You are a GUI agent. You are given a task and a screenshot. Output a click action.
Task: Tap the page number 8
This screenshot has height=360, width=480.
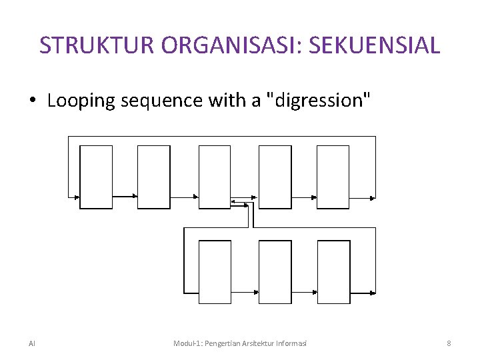coord(449,343)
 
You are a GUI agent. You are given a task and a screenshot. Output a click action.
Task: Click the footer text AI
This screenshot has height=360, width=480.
coord(32,343)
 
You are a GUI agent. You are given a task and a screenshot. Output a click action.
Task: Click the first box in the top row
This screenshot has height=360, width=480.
coord(96,177)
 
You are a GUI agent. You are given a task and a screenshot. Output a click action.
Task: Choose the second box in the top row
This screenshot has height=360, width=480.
coord(154,177)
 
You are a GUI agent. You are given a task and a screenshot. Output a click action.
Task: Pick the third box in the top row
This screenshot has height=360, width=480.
coord(215,177)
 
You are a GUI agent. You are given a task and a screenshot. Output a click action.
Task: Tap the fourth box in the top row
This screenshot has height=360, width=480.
coord(275,177)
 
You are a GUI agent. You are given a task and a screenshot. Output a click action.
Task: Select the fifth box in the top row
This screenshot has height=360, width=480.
coord(333,177)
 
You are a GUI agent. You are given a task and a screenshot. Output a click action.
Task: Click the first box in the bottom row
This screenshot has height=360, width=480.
coord(215,271)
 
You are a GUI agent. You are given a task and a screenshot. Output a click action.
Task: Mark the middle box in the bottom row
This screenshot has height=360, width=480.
coord(275,271)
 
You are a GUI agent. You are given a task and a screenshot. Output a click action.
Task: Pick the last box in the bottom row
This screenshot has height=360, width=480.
coord(333,271)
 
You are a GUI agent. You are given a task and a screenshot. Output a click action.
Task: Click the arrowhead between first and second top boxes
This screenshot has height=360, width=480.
coord(135,196)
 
